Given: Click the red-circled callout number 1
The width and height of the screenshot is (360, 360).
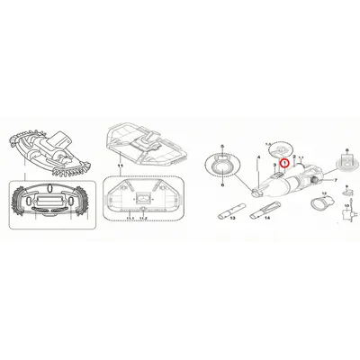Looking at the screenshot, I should (284, 164).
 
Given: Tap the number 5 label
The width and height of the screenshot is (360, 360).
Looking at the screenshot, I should (220, 145).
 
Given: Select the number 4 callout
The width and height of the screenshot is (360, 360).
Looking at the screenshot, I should (258, 157).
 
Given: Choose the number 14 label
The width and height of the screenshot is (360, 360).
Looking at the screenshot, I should (267, 219).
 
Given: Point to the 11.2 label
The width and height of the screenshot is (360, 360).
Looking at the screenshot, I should (142, 217).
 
